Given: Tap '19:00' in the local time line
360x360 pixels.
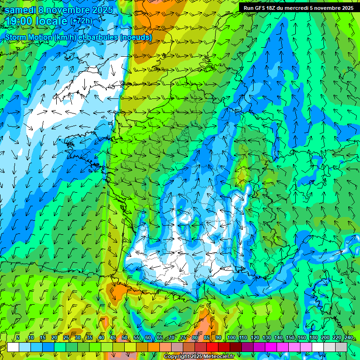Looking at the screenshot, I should pyautogui.click(x=20, y=21).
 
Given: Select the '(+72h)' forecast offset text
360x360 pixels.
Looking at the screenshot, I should pyautogui.click(x=81, y=21).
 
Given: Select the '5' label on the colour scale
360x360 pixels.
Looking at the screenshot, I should pyautogui.click(x=18, y=337).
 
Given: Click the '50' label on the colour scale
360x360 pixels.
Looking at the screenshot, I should pyautogui.click(x=124, y=337).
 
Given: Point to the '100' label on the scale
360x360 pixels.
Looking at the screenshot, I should pyautogui.click(x=231, y=337).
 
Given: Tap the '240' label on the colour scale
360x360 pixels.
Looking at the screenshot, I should pyautogui.click(x=348, y=337).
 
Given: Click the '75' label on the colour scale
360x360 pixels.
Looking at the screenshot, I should pyautogui.click(x=183, y=337).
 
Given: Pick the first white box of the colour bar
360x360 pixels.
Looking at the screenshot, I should pyautogui.click(x=13, y=347).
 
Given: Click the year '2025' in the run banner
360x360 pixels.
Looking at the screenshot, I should pyautogui.click(x=347, y=7).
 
